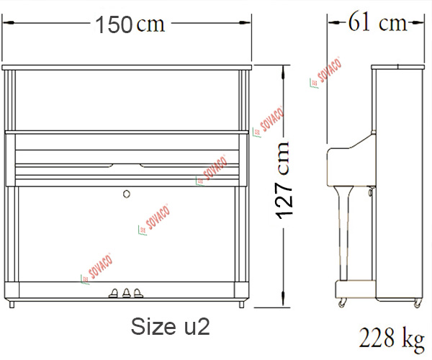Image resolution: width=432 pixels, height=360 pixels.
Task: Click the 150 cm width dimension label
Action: (x=130, y=24)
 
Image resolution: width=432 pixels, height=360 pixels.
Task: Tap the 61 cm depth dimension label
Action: (x=377, y=22)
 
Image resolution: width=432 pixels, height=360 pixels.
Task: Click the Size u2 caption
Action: (x=170, y=327)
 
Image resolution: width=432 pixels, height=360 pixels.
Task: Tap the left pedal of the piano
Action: (x=114, y=293)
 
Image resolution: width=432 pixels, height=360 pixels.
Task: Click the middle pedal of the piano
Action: (x=127, y=293)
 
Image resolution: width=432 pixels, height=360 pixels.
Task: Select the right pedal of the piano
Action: (x=138, y=293)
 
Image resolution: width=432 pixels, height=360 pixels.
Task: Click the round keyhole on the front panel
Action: (x=127, y=194)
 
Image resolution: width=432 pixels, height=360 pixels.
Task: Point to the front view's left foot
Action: (x=12, y=305)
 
